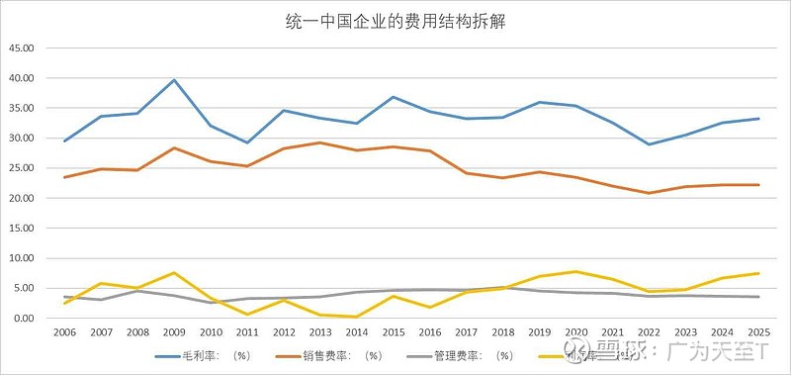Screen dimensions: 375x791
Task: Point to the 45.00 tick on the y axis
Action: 21,47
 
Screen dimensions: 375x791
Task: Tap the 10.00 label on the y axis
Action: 21,258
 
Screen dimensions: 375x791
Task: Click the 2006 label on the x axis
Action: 64,333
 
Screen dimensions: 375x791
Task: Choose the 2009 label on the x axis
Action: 173,333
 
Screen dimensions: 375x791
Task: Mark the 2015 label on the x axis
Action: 393,333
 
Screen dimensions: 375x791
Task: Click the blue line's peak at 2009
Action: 174,80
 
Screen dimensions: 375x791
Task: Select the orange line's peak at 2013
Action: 319,142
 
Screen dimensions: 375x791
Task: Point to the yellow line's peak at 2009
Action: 174,273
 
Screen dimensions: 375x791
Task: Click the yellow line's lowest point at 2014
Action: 356,317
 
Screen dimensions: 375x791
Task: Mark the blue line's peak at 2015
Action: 393,97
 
